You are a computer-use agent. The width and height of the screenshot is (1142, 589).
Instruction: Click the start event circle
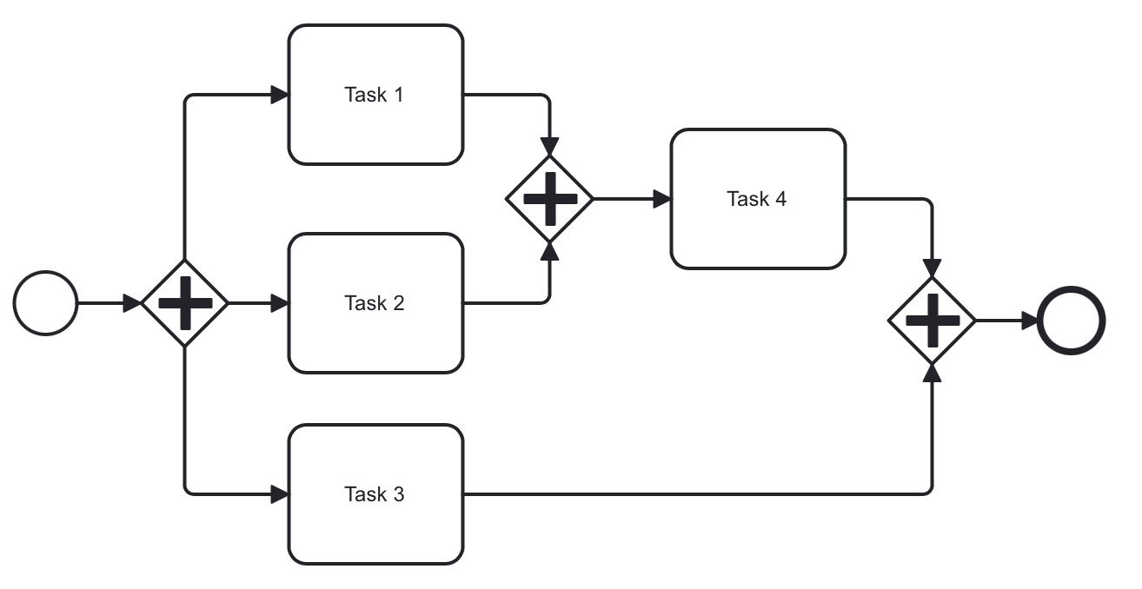coord(45,303)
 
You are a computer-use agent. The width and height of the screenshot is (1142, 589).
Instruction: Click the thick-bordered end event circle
coord(1071,321)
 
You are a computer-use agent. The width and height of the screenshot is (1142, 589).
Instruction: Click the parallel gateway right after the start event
coord(184,303)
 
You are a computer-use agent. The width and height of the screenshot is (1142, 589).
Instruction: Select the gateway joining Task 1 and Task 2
coord(549,199)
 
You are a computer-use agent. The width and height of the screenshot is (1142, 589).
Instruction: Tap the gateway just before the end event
coord(932,321)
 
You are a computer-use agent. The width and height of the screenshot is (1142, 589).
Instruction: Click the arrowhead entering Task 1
coord(279,95)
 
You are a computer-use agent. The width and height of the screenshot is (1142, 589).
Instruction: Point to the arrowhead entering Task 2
coord(279,303)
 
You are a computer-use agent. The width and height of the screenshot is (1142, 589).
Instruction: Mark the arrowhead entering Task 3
coord(279,494)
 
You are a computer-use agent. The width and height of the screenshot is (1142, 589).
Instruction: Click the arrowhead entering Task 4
coord(661,199)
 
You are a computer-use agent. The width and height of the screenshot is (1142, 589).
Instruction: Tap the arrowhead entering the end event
coord(1030,321)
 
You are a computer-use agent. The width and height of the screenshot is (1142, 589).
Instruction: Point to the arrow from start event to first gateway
coord(104,303)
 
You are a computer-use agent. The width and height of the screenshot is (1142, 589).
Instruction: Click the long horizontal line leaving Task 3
coord(695,494)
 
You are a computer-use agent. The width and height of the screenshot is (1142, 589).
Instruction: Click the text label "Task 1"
coord(374,95)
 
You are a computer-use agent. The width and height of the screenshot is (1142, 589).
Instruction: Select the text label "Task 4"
coord(756,199)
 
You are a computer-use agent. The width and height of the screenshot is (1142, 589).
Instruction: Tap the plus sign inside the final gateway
coord(932,321)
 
